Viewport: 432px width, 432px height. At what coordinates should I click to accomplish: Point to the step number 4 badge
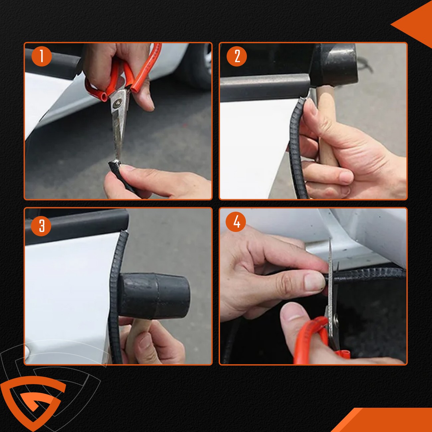coord(236,221)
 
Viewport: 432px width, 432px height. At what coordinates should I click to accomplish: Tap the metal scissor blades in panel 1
coord(118,133)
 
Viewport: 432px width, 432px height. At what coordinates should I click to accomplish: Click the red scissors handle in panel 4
coord(311,336)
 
